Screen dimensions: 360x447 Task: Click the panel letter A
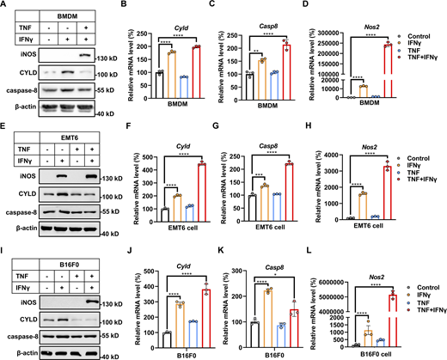pyautogui.click(x=6, y=7)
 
